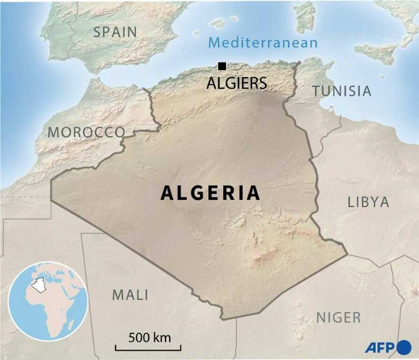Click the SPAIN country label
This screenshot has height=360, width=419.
click(115, 32)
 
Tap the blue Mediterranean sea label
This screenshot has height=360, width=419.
click(263, 43)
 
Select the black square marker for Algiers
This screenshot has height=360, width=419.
click(222, 66)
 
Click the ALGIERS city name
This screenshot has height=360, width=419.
click(237, 83)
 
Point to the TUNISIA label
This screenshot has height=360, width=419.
click(342, 91)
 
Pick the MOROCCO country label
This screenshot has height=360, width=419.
click(86, 132)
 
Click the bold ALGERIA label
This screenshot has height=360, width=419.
click(210, 193)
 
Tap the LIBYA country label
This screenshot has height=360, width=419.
click(368, 202)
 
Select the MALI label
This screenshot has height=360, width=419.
click(130, 295)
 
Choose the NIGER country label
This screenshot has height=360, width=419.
click(339, 317)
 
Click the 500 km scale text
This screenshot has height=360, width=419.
click(150, 338)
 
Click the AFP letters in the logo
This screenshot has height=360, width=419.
click(379, 347)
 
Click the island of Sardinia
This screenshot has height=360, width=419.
click(304, 17)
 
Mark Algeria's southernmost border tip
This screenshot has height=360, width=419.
click(223, 319)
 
